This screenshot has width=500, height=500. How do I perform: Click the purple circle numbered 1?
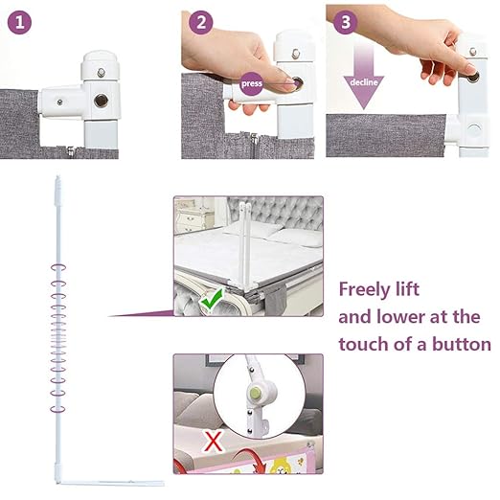coord(19,22)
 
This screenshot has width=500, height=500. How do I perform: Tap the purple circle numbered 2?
coord(201,22)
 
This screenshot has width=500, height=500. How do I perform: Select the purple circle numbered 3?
coord(346,22)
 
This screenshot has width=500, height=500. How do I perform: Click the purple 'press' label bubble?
coord(252,83)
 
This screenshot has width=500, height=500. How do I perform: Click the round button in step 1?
coord(101,101)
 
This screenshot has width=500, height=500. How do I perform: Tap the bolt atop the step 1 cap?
coord(102,73)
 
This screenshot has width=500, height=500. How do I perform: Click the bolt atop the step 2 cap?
coord(296,54)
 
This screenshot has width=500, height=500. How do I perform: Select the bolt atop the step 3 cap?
coord(473,51)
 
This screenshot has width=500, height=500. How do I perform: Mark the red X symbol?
coord(213,441)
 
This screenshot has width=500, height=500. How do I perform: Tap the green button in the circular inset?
coord(256,392)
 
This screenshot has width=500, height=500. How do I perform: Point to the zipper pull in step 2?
coord(254,140)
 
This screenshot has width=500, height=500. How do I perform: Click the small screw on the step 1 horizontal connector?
coord(59,102)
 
